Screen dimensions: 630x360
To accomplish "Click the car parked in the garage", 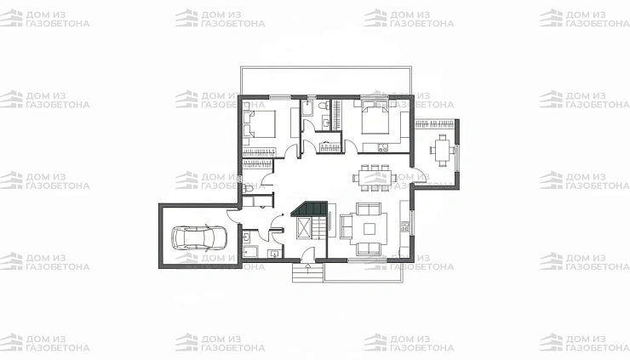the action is click(x=199, y=237).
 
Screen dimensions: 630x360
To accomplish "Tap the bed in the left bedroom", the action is click(x=260, y=123).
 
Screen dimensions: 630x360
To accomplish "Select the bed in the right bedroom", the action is click(x=375, y=117).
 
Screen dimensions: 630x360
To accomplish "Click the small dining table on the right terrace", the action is click(x=443, y=150).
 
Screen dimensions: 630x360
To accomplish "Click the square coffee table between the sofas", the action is click(x=369, y=229).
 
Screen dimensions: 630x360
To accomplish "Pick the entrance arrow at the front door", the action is click(x=308, y=266).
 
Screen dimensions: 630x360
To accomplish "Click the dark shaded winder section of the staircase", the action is click(x=309, y=209).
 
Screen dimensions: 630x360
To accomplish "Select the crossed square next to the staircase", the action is click(x=303, y=229).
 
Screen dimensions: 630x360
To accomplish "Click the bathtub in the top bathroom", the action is click(x=307, y=108).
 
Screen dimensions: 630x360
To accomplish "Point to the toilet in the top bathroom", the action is click(x=323, y=106).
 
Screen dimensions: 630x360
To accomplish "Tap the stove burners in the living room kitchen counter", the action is click(x=405, y=227).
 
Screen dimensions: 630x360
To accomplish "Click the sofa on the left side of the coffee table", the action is click(x=346, y=226).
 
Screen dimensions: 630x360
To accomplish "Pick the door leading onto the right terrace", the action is click(x=420, y=176).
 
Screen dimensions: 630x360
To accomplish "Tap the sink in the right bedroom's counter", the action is click(x=382, y=149).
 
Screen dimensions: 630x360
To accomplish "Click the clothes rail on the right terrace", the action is click(x=434, y=123).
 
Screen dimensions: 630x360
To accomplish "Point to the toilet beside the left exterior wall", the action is click(x=248, y=188).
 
